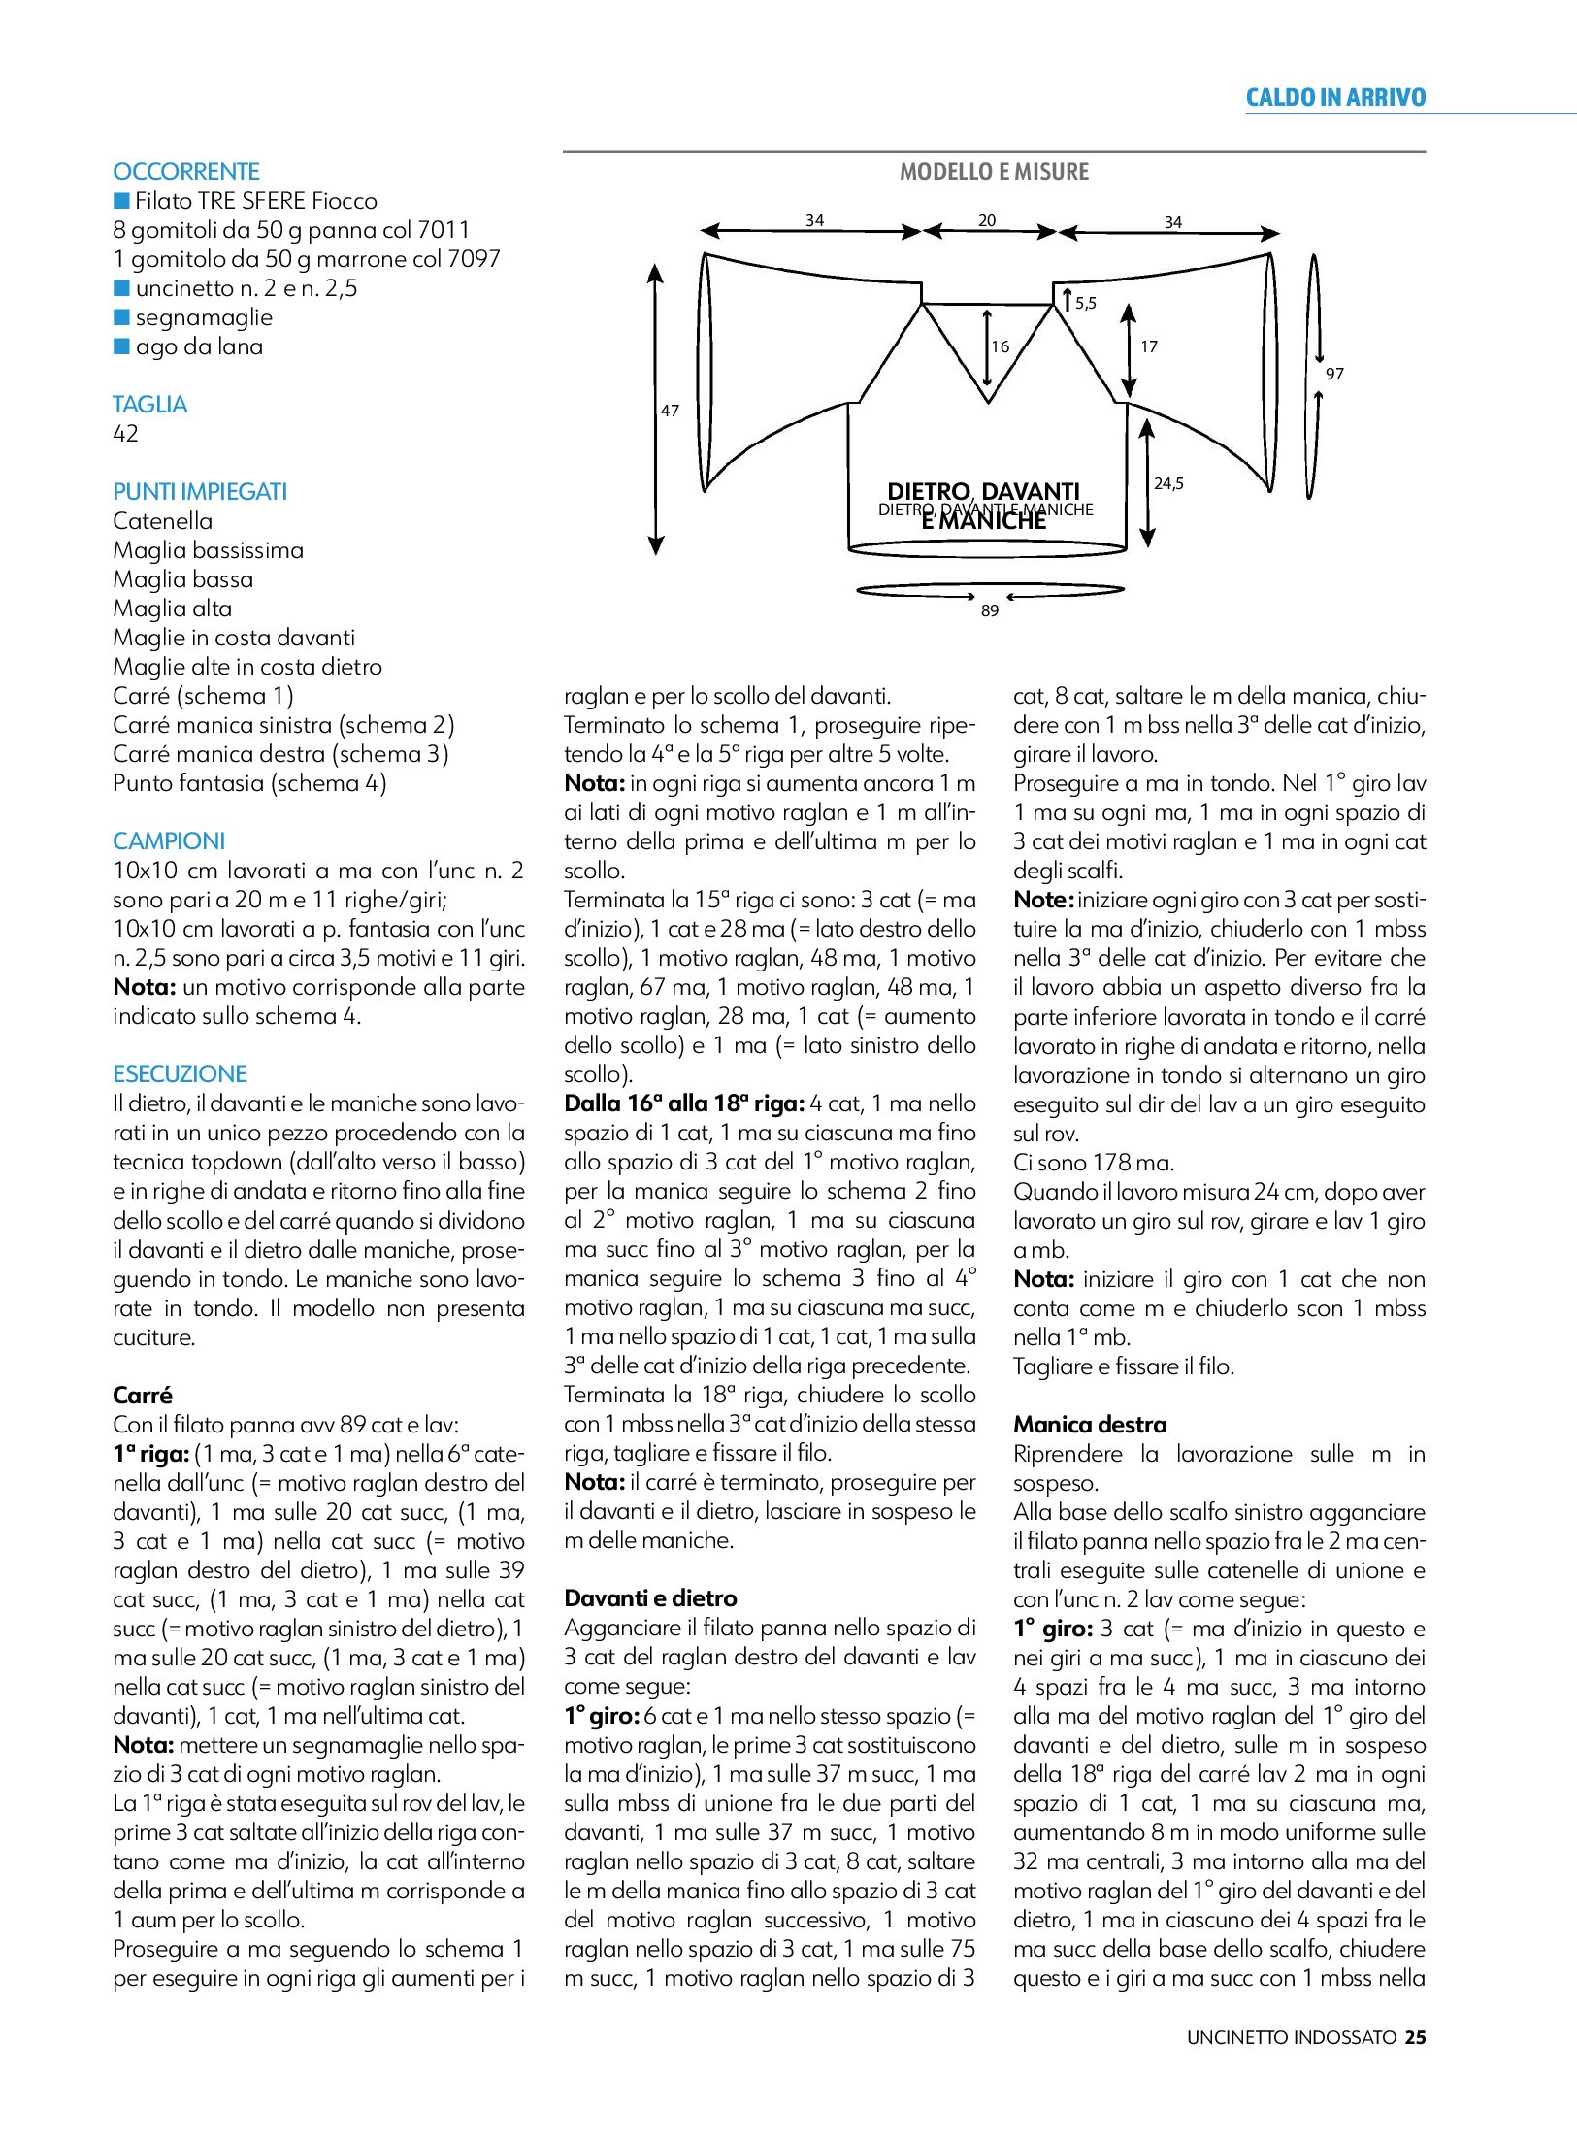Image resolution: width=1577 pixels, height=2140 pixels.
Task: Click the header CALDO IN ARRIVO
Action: tap(1335, 97)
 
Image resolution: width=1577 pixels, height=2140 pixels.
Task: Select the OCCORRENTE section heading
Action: tap(186, 172)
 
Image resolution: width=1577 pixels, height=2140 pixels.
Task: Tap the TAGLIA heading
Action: tap(150, 405)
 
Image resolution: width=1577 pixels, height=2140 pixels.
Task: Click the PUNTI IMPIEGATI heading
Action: tap(200, 492)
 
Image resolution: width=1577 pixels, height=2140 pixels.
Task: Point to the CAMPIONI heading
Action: tap(169, 841)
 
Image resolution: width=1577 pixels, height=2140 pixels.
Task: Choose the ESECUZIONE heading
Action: tap(181, 1074)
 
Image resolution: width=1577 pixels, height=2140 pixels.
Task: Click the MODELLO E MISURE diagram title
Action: tap(994, 172)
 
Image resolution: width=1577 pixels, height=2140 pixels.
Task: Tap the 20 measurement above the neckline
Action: tap(987, 220)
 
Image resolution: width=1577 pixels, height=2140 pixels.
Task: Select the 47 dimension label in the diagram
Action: tap(670, 411)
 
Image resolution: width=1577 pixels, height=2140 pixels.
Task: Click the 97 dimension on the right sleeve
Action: tap(1334, 374)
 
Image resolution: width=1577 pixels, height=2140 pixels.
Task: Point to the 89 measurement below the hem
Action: tap(990, 610)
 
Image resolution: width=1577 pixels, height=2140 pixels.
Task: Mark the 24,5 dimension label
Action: tap(1168, 483)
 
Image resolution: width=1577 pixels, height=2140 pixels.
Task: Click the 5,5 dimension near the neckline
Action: tap(1086, 304)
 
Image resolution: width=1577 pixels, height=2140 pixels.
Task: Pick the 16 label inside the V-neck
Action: tap(1001, 346)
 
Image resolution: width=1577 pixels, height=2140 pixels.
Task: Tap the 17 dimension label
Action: tap(1149, 346)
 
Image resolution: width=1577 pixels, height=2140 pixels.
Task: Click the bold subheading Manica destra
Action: tap(1090, 1425)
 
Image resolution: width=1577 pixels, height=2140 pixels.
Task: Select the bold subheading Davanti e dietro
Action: tap(650, 1598)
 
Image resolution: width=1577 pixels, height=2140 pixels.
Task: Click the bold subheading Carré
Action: tap(143, 1396)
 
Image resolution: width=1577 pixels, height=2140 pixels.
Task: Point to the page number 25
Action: tap(1416, 2037)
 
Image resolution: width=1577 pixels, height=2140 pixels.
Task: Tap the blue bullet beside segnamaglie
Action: tap(121, 317)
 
